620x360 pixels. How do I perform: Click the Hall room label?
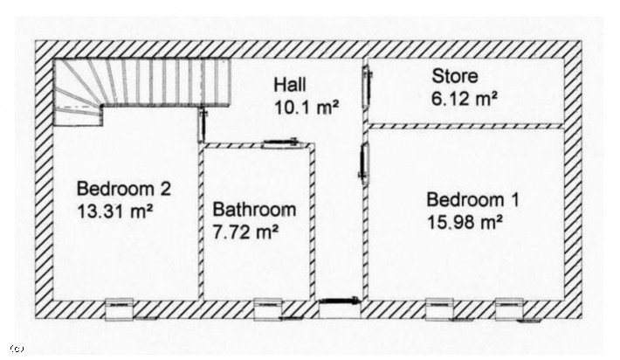coord(290,85)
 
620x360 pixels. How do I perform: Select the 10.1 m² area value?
coord(307,107)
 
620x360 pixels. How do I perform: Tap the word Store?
coord(455,76)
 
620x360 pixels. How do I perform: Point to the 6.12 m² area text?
coord(465,99)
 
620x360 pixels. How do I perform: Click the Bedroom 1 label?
coord(472,200)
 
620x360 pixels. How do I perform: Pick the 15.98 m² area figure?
coord(465,222)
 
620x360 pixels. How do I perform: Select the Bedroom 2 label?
coord(124,189)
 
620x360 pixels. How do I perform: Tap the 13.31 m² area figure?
coord(114,211)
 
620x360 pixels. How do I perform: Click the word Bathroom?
coord(254,210)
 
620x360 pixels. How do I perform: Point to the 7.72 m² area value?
coord(245,232)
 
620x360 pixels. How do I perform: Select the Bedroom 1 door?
coord(364,163)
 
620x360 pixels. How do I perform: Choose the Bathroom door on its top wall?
coord(280,142)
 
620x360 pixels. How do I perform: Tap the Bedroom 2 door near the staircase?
coord(203,126)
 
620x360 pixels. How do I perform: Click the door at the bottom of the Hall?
coord(340,301)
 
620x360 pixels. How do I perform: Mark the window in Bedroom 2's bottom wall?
coord(120,308)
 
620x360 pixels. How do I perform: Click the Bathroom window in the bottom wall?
coord(268,308)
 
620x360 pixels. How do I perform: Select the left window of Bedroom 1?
coord(440,308)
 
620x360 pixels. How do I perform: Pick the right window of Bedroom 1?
coord(510,308)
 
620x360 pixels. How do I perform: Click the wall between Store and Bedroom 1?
coord(465,126)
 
